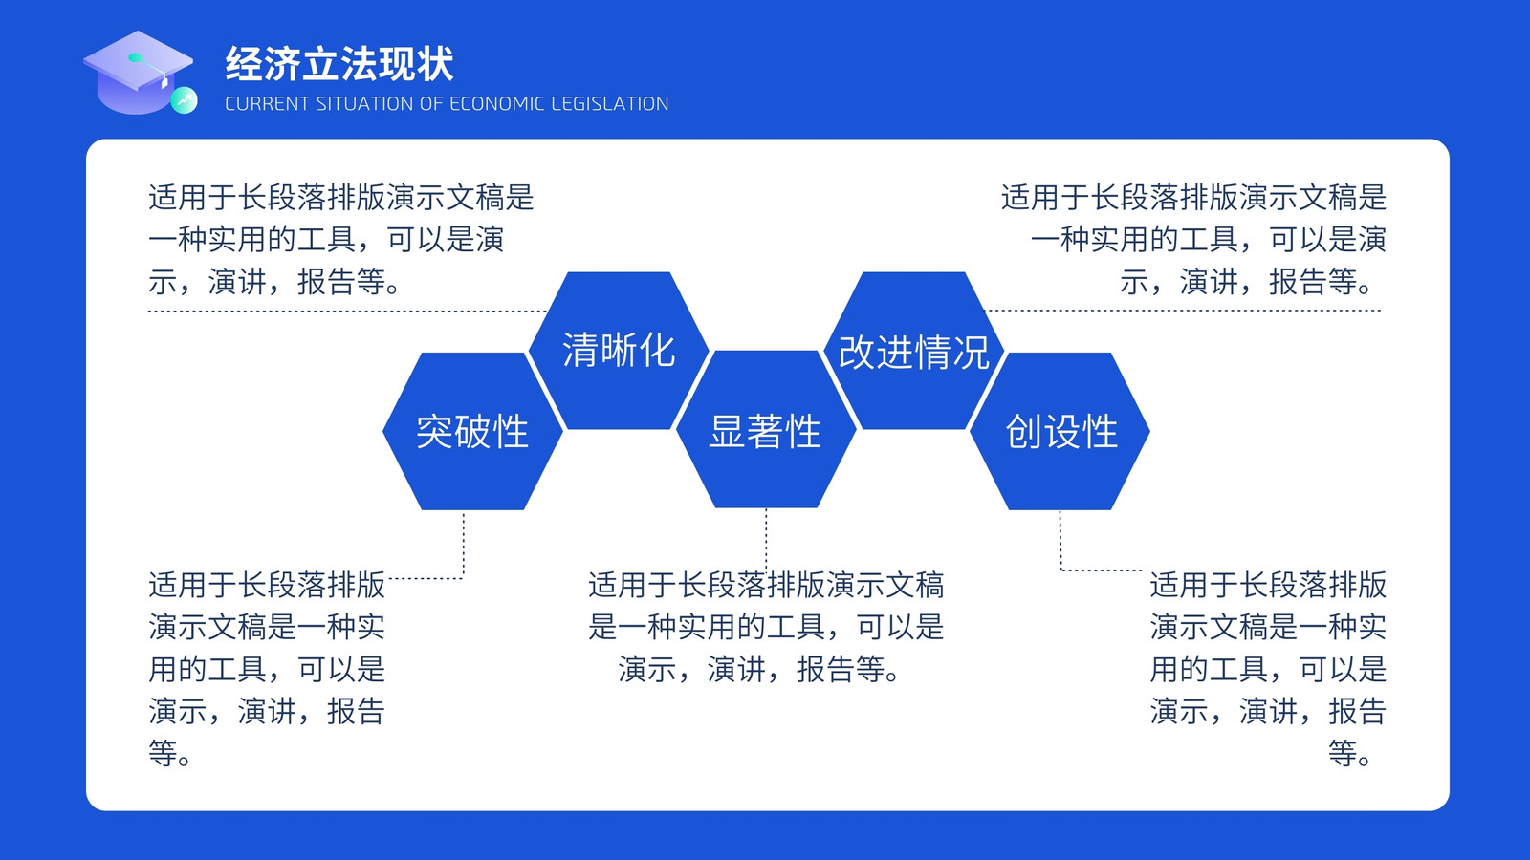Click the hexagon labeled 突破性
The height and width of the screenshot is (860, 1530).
(x=472, y=431)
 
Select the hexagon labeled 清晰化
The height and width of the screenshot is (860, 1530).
(x=619, y=351)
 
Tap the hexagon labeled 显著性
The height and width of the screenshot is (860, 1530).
(x=766, y=429)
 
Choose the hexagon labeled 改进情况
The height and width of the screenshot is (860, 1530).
(x=914, y=351)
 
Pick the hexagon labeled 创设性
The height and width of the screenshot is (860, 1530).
(x=1060, y=431)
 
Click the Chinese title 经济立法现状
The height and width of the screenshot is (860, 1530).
(x=339, y=64)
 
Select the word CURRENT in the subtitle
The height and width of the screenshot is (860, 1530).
(x=267, y=104)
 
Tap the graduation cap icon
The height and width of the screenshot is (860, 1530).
(x=140, y=73)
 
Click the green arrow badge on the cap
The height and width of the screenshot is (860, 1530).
(x=184, y=101)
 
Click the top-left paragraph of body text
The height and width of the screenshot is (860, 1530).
(x=340, y=240)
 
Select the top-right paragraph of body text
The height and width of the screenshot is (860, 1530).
(x=1194, y=240)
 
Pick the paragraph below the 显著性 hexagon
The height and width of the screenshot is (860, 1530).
(x=766, y=627)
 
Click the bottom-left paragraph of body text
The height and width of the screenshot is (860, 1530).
(x=267, y=670)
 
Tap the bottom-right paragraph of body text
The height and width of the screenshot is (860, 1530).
(x=1268, y=670)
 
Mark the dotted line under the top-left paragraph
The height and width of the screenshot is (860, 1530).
(x=348, y=312)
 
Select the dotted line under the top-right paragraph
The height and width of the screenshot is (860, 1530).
(x=1182, y=311)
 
